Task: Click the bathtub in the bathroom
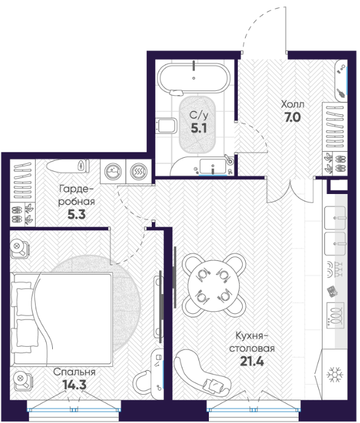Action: [x=194, y=78]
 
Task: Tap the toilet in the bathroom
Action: [x=166, y=125]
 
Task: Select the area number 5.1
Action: [x=198, y=128]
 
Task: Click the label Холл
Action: [x=292, y=104]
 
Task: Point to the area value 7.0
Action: [x=292, y=117]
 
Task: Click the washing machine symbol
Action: [x=113, y=171]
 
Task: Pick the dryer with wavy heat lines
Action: [x=138, y=171]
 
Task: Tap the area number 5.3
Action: [x=76, y=214]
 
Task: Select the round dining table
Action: [x=214, y=285]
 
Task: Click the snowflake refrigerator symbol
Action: [x=335, y=374]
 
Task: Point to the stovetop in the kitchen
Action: [x=335, y=315]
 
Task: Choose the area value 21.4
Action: [x=252, y=361]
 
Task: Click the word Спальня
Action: [x=74, y=372]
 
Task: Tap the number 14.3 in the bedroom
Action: [x=74, y=385]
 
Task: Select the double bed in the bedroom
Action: [x=61, y=319]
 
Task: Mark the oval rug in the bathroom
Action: [x=197, y=125]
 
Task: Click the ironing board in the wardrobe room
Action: [x=68, y=166]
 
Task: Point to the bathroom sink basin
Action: [x=213, y=166]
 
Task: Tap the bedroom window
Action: [x=74, y=409]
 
